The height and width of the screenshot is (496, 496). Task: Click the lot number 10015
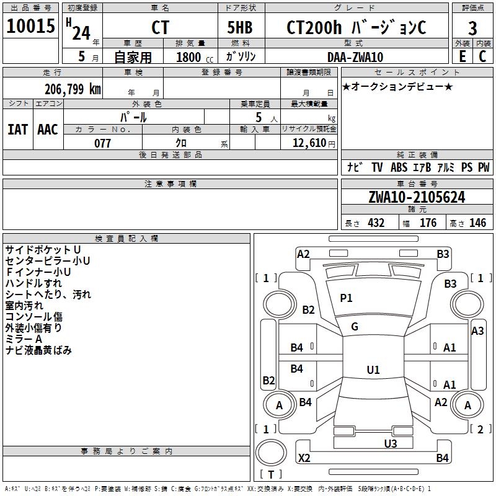coord(30,26)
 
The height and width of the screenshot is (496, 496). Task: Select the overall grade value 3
coord(472,28)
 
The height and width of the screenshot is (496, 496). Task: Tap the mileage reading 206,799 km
coord(73,89)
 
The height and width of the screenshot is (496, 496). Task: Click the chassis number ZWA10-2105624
coord(417,197)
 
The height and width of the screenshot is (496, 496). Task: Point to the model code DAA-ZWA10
coord(355,57)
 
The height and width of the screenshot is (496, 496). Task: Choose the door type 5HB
coord(240,27)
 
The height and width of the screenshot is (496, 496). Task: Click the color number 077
coord(102,143)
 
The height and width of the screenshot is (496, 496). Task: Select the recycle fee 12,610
coord(309,143)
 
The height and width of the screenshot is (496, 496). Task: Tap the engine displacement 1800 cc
coord(195,57)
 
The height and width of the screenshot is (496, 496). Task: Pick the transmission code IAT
coord(17,130)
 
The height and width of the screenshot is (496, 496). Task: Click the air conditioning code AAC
coord(48,130)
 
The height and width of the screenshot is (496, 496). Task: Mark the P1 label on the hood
coord(346,298)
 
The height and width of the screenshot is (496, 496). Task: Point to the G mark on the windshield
coord(355,327)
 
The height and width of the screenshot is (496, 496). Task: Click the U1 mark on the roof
coord(373,370)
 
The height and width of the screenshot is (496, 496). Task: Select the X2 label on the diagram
coord(304,458)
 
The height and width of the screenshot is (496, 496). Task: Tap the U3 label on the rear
coord(391,444)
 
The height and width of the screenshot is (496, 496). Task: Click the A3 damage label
coord(477,331)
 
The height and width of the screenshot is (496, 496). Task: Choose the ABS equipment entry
coord(399,167)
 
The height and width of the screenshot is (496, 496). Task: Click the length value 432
coord(376,223)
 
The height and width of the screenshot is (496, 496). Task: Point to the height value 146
coord(477,223)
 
